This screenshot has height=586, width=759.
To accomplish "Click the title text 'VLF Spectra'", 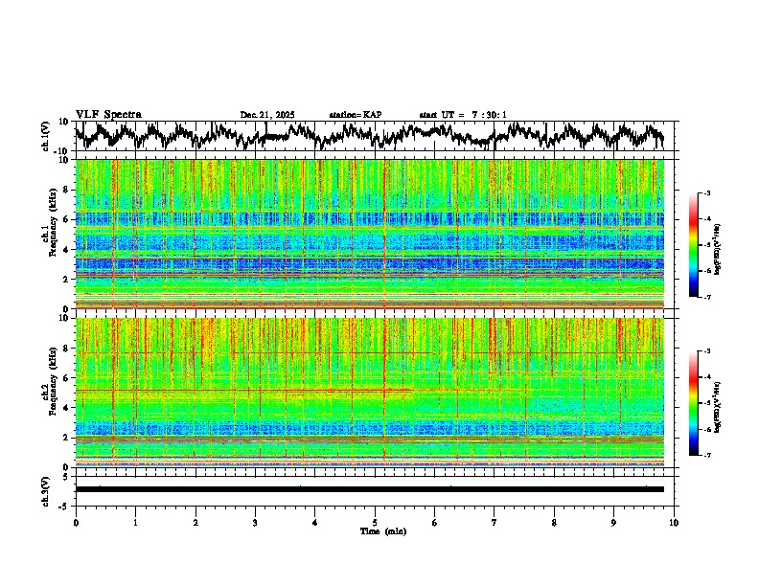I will [108, 114].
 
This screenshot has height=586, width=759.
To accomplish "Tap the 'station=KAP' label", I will [355, 115].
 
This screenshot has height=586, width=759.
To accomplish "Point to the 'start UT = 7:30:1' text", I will [463, 115].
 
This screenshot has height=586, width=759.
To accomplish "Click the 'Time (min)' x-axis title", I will [382, 530].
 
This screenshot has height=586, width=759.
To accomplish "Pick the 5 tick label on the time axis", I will [375, 523].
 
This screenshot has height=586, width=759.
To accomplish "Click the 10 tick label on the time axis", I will [674, 523].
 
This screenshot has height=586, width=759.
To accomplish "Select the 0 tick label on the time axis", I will [76, 523].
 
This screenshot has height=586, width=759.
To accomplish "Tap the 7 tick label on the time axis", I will [494, 523].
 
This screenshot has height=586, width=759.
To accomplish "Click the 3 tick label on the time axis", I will [255, 523].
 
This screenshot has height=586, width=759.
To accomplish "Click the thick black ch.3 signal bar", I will [369, 489].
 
